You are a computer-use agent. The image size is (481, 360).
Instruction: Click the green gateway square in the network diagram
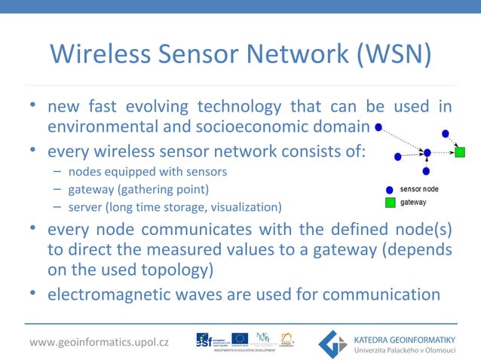click(460, 152)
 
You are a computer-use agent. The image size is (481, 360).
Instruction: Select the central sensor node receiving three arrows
click(427, 153)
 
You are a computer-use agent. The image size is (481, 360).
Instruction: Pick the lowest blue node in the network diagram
click(426, 172)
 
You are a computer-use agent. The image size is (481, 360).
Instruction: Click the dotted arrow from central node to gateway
click(443, 153)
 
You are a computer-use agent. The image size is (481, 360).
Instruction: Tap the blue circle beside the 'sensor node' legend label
click(390, 190)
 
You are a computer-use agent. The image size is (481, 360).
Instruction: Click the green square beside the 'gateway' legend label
click(390, 203)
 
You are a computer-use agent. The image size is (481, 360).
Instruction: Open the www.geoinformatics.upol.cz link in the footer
click(99, 343)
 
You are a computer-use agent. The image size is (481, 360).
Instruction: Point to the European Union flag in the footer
click(240, 339)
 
